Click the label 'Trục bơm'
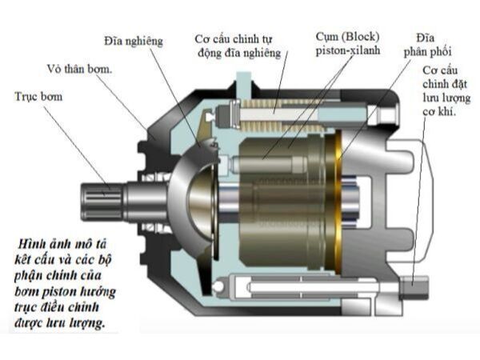38,96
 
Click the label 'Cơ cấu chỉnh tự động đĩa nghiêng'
238,46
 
